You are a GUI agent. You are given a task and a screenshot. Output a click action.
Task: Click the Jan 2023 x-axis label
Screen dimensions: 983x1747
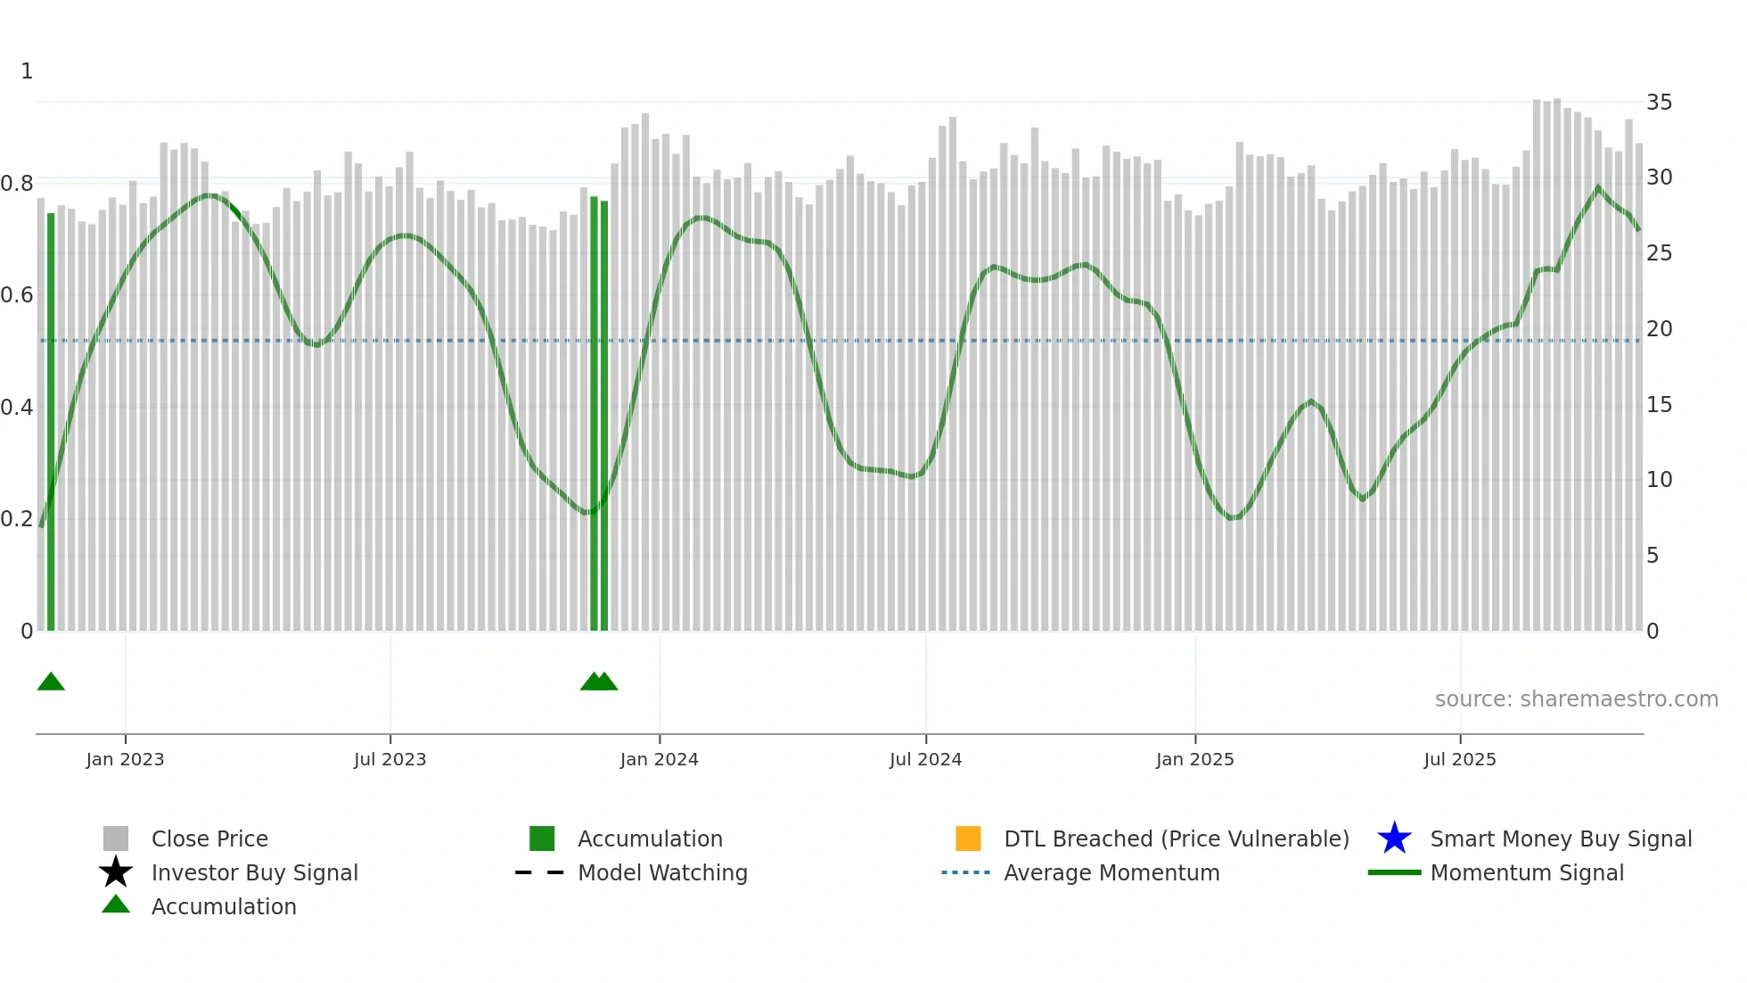[x=125, y=759]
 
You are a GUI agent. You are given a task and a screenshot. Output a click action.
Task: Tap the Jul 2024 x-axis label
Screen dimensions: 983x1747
[x=925, y=759]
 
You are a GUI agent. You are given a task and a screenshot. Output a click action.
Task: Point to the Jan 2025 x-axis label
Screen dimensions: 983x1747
[x=1194, y=759]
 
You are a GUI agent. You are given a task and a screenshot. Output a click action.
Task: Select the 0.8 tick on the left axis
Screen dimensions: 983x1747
[x=17, y=184]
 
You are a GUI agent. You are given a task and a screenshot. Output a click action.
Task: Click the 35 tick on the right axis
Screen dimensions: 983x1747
[x=1659, y=103]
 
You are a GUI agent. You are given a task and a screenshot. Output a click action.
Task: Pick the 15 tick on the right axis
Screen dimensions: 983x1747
[x=1659, y=405]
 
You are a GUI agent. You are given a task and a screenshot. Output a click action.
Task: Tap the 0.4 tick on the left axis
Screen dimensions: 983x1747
[x=17, y=408]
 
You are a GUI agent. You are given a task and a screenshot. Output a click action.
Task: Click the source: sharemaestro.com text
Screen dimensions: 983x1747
[x=1576, y=699]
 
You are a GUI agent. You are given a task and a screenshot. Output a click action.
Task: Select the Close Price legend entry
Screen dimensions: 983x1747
[x=209, y=838]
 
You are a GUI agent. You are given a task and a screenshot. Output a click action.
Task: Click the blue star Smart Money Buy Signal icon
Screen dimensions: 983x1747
[x=1394, y=838]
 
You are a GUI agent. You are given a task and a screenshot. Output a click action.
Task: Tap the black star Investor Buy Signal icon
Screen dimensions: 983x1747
[x=116, y=872]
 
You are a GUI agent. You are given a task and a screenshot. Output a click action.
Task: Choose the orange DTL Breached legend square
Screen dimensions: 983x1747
[x=968, y=838]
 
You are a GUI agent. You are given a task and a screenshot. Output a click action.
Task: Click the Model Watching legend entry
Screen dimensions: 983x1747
[x=662, y=872]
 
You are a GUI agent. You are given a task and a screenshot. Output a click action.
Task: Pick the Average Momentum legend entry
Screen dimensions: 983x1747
[x=1111, y=872]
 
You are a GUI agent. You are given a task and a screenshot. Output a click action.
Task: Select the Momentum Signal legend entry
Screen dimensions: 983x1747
[x=1527, y=872]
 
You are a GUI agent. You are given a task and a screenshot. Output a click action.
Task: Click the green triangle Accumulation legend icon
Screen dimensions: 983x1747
[x=116, y=905]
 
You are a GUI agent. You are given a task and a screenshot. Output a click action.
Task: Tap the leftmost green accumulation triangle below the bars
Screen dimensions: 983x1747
[x=51, y=682]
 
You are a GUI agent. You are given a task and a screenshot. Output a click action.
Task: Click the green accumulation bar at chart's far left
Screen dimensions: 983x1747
[x=51, y=419]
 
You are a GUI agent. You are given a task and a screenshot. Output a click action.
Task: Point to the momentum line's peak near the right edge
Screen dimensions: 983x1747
[x=1597, y=187]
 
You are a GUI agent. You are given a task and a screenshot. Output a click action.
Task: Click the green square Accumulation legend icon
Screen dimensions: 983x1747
[x=542, y=838]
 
